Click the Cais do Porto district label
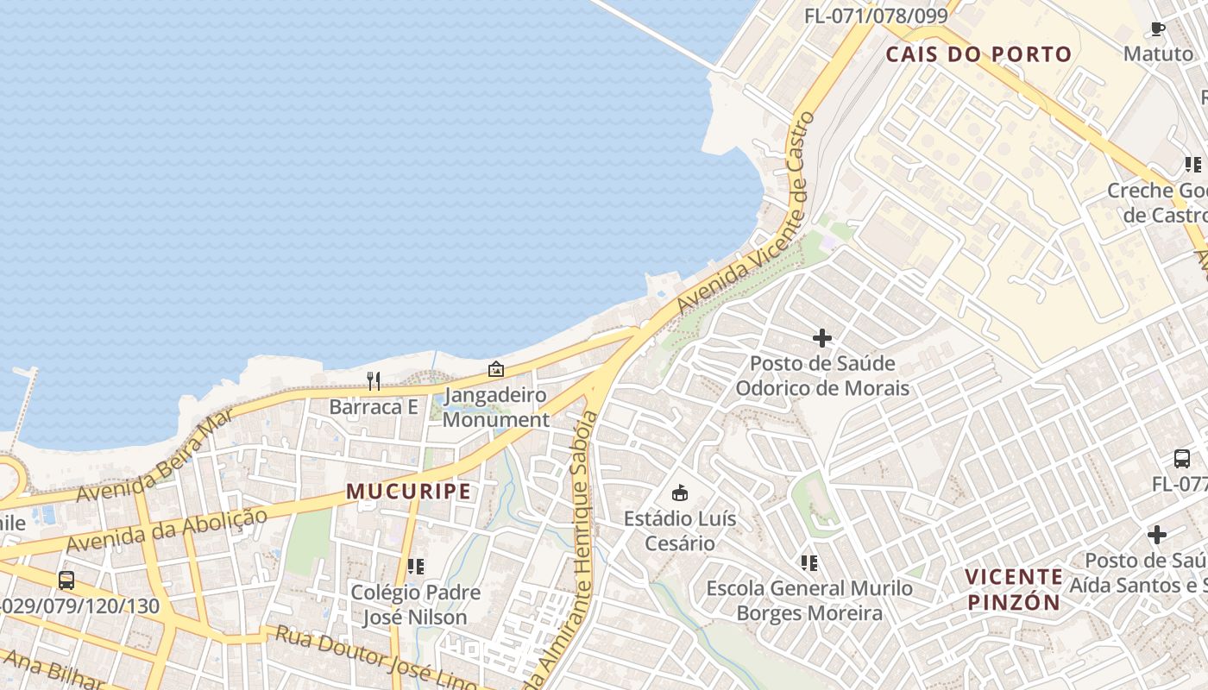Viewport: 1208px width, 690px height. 978,54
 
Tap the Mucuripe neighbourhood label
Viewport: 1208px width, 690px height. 409,492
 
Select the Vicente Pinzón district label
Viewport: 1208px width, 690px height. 1013,590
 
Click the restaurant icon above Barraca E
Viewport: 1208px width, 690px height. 374,380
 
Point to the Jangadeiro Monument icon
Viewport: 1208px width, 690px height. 496,369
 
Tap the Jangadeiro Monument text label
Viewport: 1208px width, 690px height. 496,408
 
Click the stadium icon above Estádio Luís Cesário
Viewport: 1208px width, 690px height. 680,493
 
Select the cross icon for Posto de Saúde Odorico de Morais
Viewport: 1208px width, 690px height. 822,338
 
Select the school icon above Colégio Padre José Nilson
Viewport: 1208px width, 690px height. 416,567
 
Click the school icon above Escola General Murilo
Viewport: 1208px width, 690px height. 808,563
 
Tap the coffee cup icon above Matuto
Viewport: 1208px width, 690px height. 1158,29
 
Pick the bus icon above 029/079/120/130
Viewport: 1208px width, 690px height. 66,580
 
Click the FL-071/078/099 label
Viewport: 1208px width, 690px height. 876,16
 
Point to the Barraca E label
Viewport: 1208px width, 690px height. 374,406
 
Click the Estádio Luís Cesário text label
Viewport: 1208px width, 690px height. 681,530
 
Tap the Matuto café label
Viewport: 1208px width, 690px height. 1158,53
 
